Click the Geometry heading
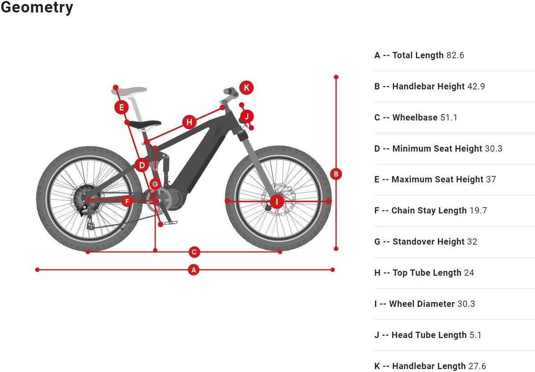pos(37,8)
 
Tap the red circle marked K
pos(246,88)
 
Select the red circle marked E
pos(121,107)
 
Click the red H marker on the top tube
pos(189,122)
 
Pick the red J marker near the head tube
pos(247,117)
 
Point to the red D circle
pos(142,165)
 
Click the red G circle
pos(155,184)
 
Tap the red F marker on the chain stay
pos(127,201)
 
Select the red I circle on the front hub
pos(276,201)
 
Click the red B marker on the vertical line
pos(336,174)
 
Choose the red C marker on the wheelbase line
pos(194,252)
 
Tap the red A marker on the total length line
pos(193,270)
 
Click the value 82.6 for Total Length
pos(455,55)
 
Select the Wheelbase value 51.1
pos(449,118)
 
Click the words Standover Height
pos(428,242)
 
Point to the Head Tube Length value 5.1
pos(476,335)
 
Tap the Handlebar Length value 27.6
pos(477,366)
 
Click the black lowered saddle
pos(145,124)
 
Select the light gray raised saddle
pos(129,91)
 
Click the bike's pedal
pos(171,223)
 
